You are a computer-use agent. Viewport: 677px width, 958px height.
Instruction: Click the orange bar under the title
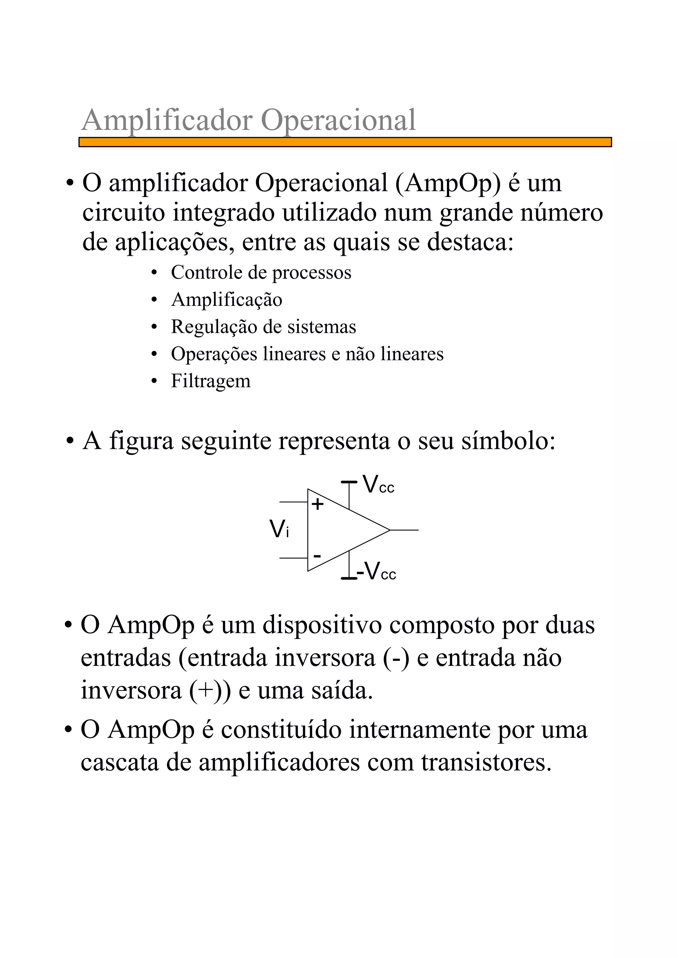(x=345, y=142)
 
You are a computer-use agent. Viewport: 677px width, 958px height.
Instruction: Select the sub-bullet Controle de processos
(x=261, y=273)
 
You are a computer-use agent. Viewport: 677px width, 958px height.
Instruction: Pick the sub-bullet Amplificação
(x=226, y=300)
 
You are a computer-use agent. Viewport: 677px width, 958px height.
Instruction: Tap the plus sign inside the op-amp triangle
(x=317, y=504)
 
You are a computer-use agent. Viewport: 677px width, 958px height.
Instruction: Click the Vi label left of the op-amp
(x=279, y=529)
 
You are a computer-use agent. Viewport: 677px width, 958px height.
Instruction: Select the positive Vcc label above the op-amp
(x=378, y=485)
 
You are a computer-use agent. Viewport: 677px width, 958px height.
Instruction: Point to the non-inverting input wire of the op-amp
(x=293, y=502)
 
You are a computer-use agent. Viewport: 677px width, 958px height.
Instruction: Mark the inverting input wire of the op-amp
(x=293, y=558)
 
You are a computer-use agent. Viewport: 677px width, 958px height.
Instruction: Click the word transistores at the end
(x=486, y=762)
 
